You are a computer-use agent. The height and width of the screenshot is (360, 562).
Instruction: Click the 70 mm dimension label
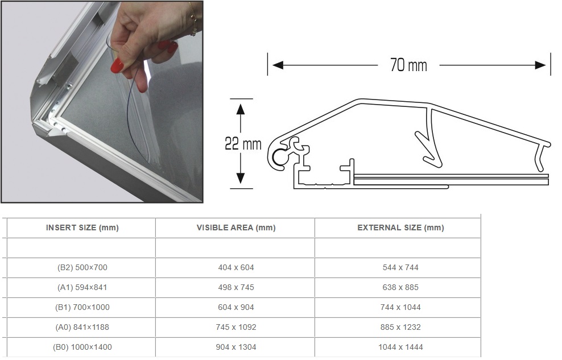408,65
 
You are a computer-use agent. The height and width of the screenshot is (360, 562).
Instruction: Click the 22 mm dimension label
243,144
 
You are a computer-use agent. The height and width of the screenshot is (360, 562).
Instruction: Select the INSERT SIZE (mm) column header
82,228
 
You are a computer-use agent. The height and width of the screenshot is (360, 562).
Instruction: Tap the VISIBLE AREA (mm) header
236,228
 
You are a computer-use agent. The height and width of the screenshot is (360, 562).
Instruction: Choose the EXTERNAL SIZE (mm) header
400,228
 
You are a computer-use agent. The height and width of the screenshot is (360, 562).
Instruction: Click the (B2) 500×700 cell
82,267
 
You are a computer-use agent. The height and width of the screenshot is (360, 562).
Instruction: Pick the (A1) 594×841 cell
82,287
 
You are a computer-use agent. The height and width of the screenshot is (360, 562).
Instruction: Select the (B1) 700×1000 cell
82,307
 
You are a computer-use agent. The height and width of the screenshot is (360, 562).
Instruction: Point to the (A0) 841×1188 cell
82,327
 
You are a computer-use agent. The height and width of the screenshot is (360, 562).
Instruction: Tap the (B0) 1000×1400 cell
82,347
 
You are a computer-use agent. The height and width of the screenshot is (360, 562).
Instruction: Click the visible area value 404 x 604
236,267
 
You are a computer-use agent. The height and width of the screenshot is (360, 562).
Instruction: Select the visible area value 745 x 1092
236,327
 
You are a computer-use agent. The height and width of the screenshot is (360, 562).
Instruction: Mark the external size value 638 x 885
400,287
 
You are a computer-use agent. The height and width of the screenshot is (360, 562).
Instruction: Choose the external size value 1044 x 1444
400,347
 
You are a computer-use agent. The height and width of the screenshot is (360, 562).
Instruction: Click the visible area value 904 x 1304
236,347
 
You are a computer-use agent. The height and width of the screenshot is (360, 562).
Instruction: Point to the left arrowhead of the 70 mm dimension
278,65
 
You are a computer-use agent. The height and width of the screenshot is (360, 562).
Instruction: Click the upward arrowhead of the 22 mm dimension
241,109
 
